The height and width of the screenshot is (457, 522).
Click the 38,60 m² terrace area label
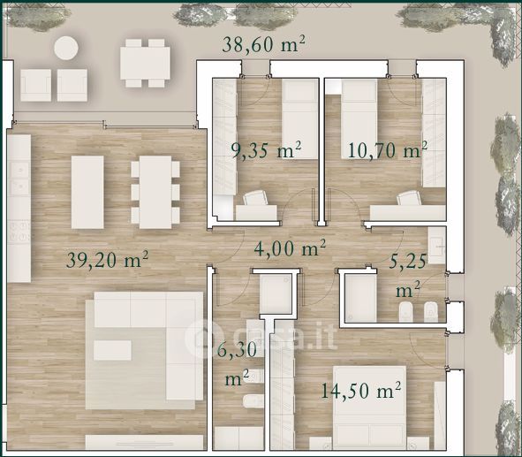(263, 44)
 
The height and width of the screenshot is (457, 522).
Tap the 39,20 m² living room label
(107, 260)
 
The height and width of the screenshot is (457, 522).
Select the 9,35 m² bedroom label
(267, 150)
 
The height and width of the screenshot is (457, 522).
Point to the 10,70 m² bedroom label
(388, 150)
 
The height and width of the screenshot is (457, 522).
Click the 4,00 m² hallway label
(290, 248)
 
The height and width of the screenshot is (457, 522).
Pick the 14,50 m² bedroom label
(361, 391)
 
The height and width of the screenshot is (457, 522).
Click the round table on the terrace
(66, 48)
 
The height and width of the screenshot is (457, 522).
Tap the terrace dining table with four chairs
(145, 63)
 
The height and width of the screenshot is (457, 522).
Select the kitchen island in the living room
(87, 192)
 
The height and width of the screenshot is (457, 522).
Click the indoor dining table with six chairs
(155, 192)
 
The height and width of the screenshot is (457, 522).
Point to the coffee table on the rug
(112, 350)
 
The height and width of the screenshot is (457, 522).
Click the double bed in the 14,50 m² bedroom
(369, 407)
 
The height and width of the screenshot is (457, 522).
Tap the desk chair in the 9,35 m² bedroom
(254, 198)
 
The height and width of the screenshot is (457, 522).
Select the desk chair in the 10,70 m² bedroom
(409, 198)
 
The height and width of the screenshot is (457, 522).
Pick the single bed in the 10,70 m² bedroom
(359, 118)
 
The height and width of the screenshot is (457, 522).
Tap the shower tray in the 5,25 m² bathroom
(361, 298)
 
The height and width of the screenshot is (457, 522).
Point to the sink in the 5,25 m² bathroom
(437, 246)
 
